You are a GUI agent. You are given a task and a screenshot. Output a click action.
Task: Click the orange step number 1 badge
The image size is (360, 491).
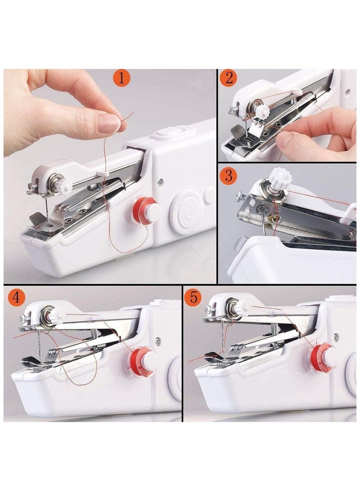[x=121, y=79]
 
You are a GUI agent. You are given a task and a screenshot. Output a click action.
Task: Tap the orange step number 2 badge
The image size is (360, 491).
[x=229, y=78]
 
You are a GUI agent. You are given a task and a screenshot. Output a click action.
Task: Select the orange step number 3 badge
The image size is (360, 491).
[x=229, y=176]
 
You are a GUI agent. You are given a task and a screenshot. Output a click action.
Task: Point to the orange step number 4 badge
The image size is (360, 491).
[x=16, y=298]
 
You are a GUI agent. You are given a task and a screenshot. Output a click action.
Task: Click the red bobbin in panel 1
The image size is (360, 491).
[x=146, y=210]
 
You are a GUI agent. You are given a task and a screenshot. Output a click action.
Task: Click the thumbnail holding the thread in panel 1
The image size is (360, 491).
[x=107, y=123]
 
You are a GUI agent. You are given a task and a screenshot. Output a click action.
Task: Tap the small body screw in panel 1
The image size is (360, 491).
[x=161, y=182]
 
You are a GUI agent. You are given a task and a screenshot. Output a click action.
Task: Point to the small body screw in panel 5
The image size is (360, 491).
[x=336, y=335]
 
